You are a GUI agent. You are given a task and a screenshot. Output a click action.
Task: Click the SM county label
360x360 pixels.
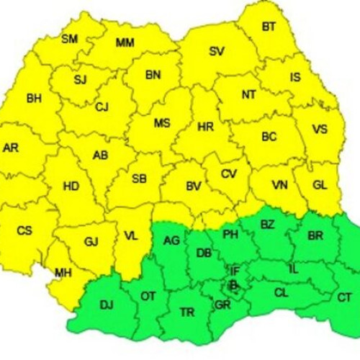70,39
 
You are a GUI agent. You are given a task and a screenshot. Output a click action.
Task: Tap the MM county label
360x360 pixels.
125,43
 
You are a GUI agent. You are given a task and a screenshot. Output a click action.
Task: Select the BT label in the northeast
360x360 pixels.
269,27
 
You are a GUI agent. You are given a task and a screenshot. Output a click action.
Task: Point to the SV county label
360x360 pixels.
216,51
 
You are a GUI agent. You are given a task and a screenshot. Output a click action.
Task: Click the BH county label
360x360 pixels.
34,98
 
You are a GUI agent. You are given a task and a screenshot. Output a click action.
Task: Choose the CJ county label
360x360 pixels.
102,107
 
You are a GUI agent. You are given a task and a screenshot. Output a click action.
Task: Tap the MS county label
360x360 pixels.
162,123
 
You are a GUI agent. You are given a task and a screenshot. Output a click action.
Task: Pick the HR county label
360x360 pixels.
205,127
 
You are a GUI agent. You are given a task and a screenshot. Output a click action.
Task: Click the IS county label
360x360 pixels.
295,76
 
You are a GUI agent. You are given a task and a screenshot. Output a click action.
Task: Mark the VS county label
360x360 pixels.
320,130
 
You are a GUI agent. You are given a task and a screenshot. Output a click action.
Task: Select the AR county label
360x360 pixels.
11,148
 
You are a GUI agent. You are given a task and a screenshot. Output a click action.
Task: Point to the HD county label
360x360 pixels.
71,186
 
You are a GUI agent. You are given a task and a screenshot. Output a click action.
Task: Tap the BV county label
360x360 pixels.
193,186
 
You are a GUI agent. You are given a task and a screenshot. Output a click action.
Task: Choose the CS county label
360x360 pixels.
24,231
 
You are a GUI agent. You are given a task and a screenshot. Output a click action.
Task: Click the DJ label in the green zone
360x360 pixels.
107,305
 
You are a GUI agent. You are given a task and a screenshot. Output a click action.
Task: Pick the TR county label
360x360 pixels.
187,312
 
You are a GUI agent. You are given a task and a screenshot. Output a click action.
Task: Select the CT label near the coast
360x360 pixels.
345,297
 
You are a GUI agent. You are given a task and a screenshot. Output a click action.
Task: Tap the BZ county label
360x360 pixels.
267,225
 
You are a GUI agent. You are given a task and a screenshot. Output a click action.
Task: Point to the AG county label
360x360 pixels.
171,240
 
